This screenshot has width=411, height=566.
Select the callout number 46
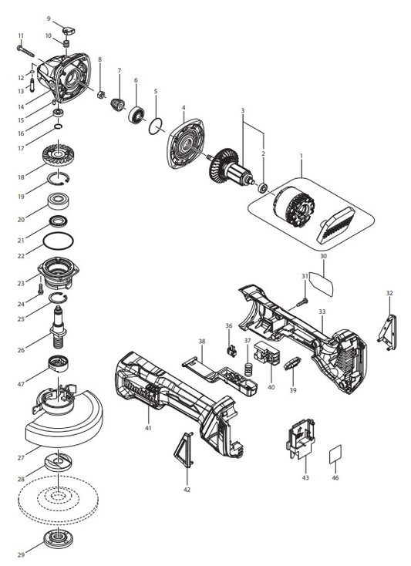(x=335, y=478)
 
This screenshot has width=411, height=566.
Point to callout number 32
(x=389, y=293)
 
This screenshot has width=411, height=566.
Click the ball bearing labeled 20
(x=59, y=203)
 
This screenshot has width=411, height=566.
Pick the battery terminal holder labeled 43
(x=301, y=438)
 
